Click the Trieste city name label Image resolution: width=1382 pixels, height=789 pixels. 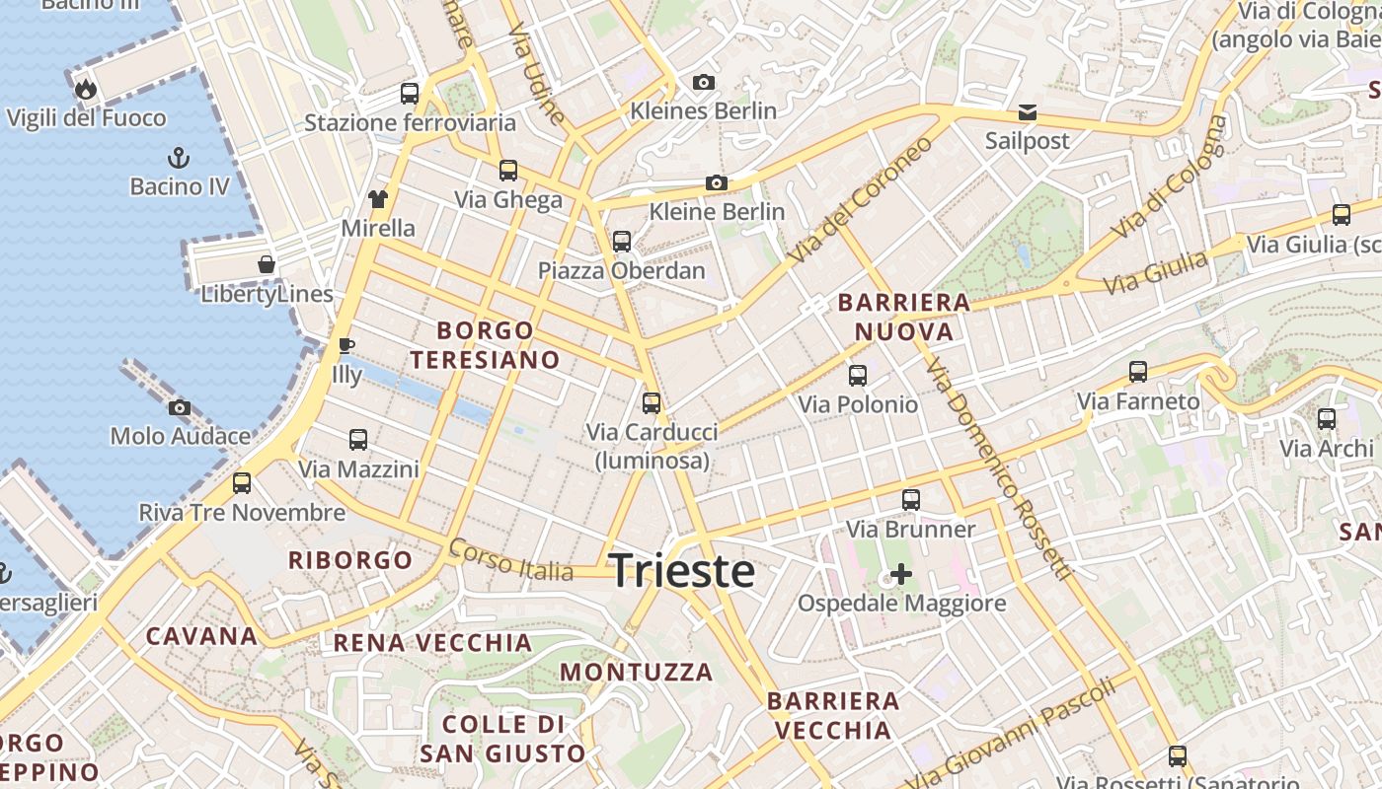tap(682, 571)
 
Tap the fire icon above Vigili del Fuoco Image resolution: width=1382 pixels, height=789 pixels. tap(86, 90)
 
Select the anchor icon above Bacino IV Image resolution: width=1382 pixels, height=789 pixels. tap(179, 158)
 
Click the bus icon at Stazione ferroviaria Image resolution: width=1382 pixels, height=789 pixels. tap(410, 94)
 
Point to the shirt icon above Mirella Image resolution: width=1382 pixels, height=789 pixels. tap(378, 199)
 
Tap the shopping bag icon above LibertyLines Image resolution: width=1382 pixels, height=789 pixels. tap(267, 264)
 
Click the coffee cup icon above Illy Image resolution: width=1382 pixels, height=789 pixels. tap(345, 346)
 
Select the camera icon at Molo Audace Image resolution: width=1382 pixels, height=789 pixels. tap(180, 407)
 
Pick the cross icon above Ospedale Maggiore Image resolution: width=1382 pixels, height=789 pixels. tap(901, 573)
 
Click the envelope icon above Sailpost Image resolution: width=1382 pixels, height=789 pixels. tap(1028, 112)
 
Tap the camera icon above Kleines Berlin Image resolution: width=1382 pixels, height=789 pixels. tap(704, 82)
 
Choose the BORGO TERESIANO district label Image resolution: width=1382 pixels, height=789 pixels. tap(486, 344)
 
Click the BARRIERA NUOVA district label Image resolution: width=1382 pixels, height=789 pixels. tap(904, 317)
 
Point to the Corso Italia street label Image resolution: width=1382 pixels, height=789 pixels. tap(510, 560)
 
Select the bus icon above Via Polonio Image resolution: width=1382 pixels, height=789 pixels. tap(858, 376)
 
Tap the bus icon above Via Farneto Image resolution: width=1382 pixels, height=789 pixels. tap(1138, 372)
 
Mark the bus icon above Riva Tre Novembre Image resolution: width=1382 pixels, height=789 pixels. tap(242, 483)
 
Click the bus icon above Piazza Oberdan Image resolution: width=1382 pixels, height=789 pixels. tap(622, 242)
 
